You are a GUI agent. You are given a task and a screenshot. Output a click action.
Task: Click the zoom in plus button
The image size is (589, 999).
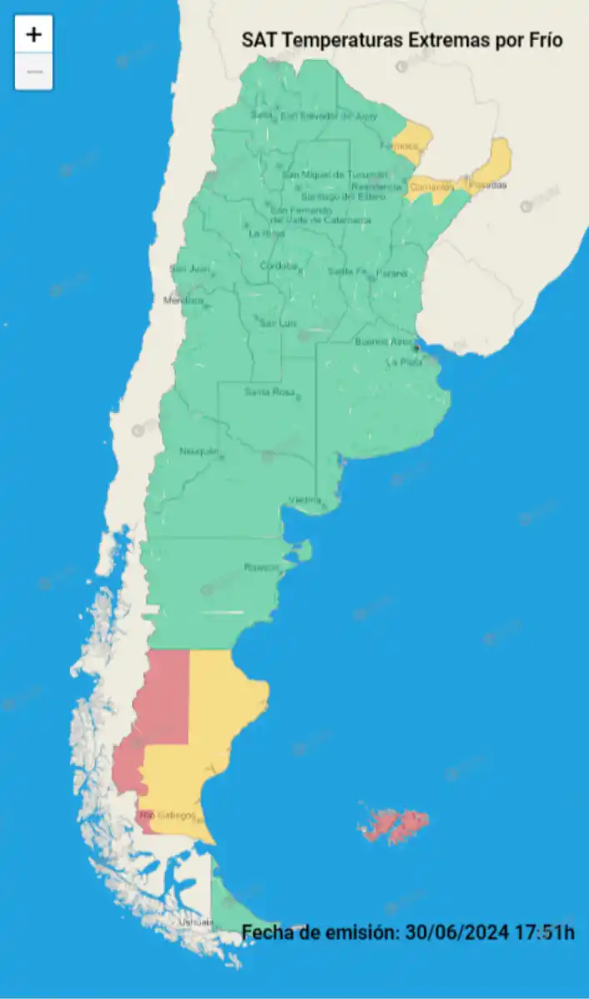(x=33, y=35)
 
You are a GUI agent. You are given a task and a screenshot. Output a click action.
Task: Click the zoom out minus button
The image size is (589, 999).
(x=33, y=72)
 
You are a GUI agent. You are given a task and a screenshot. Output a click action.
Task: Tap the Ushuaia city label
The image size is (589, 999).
(x=191, y=922)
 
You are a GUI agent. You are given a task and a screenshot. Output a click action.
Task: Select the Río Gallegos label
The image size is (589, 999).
(x=169, y=814)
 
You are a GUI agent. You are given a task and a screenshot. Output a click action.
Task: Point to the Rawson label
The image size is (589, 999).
(x=260, y=567)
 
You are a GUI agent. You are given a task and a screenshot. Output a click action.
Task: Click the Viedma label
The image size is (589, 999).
(x=305, y=499)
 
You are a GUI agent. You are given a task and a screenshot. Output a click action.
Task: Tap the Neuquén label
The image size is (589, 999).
(x=199, y=451)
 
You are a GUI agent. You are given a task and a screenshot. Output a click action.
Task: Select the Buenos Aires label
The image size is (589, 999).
(x=384, y=342)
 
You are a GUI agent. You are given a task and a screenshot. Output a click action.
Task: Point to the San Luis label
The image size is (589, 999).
(x=278, y=323)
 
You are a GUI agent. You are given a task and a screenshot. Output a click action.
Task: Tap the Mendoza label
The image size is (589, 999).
(x=183, y=300)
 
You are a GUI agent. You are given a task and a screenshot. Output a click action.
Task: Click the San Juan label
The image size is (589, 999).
(x=189, y=268)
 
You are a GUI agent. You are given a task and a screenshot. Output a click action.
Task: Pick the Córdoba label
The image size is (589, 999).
(x=279, y=266)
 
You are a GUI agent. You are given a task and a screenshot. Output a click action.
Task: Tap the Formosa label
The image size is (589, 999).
(x=398, y=146)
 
